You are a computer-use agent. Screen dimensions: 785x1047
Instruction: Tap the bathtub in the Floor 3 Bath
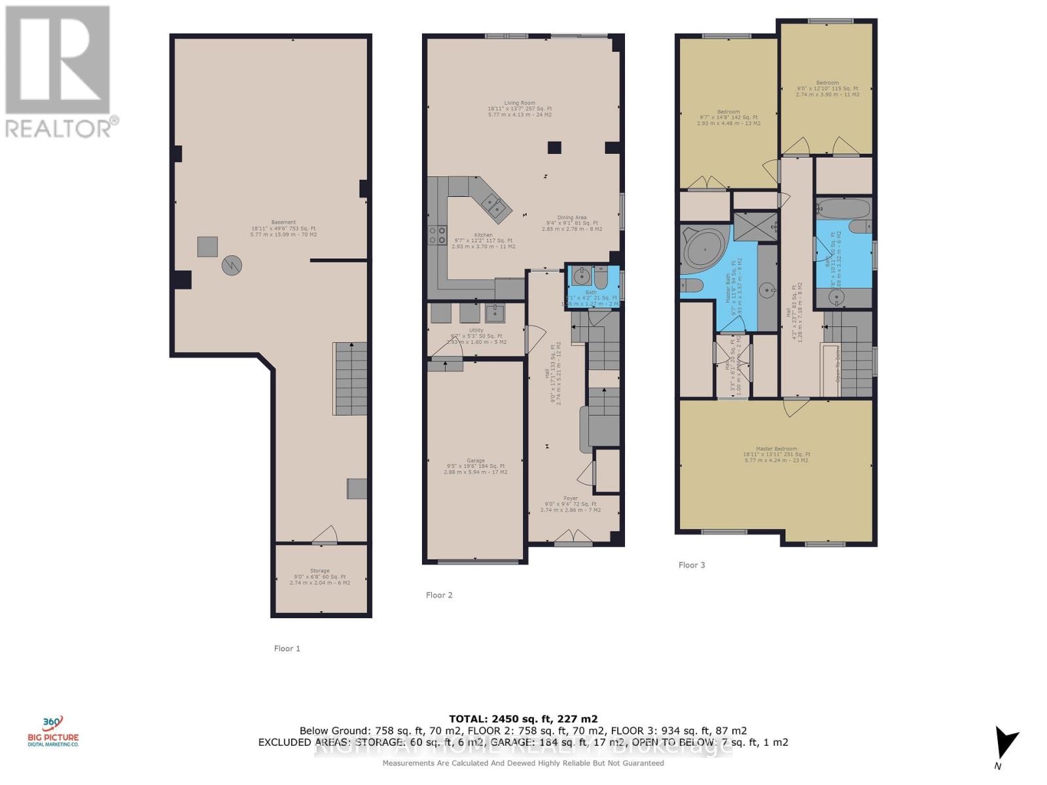point(843,209)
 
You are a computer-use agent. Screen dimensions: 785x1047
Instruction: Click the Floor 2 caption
point(439,595)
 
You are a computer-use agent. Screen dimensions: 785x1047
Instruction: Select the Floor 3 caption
point(692,565)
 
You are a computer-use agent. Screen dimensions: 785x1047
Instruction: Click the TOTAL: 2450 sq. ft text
point(523,718)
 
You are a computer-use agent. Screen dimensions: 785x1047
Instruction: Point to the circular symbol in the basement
point(232,265)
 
